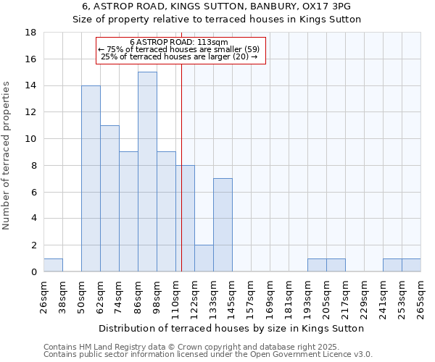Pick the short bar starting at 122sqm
[x=204, y=258]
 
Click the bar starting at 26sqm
[x=53, y=265]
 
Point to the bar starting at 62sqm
[x=109, y=198]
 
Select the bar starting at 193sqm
[x=317, y=265]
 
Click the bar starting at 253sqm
[x=411, y=265]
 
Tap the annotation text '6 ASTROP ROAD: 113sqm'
[x=179, y=42]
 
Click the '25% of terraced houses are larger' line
[x=179, y=56]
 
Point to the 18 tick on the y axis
[x=31, y=33]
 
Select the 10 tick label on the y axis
[x=31, y=139]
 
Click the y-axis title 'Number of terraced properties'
[x=7, y=156]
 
